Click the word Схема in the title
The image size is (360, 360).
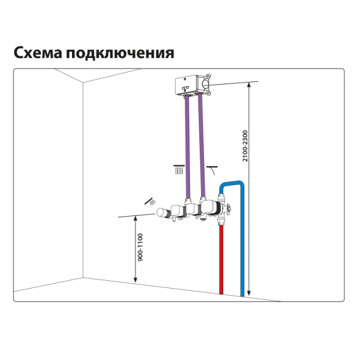[x=38, y=53]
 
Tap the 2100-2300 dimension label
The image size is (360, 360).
[x=245, y=146]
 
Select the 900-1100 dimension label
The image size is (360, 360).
[x=140, y=247]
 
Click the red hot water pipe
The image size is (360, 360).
[x=221, y=259]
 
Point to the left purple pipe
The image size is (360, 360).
[x=188, y=147]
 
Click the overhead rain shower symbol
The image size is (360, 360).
[x=179, y=169]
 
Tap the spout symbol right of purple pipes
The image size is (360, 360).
[x=212, y=169]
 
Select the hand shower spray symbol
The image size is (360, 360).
[x=150, y=202]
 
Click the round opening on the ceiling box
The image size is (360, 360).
[x=206, y=85]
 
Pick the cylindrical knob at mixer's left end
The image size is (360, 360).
[x=161, y=212]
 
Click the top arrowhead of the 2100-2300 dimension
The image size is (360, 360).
[x=249, y=84]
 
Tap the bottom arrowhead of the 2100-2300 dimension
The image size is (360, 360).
[x=249, y=294]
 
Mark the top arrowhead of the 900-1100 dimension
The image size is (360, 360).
[x=136, y=218]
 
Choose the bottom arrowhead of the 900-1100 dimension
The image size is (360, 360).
[x=136, y=280]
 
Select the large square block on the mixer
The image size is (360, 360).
[x=208, y=206]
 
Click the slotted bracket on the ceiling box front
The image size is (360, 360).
[x=186, y=88]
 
